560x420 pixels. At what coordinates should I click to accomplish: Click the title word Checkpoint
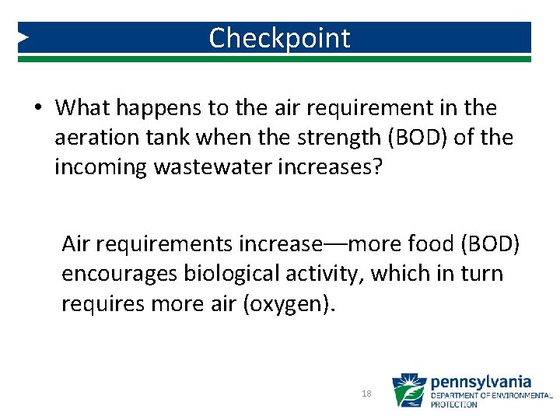(279, 37)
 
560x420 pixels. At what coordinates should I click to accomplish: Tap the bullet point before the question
(38, 107)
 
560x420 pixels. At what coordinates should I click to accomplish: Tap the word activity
(338, 275)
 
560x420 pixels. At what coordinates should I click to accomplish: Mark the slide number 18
(366, 394)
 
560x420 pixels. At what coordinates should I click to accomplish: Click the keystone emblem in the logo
(408, 390)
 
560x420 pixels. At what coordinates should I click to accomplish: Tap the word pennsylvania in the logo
(481, 382)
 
